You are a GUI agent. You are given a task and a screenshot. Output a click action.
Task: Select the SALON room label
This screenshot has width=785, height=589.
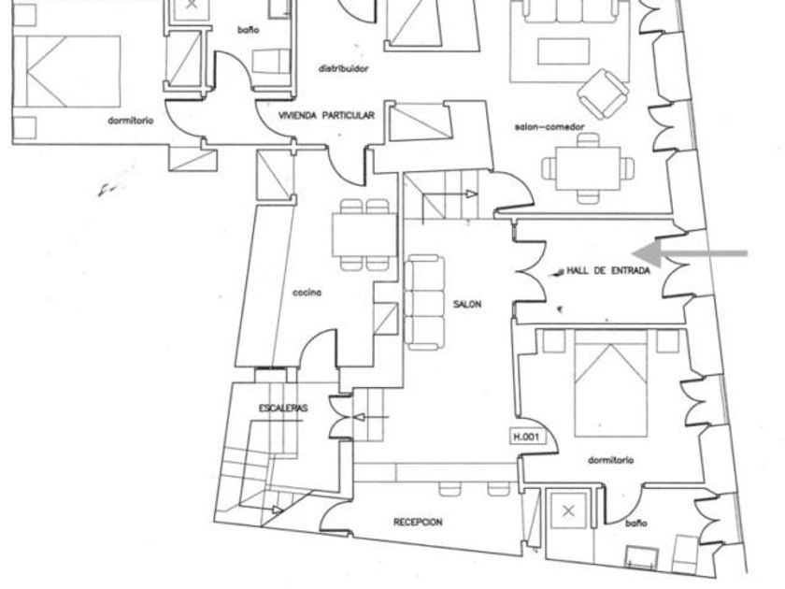tap(467, 304)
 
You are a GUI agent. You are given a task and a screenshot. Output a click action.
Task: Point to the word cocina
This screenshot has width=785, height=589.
tap(307, 294)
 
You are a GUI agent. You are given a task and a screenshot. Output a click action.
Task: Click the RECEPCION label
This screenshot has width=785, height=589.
tap(417, 522)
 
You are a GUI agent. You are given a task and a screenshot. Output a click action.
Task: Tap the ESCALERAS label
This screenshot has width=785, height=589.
tap(283, 409)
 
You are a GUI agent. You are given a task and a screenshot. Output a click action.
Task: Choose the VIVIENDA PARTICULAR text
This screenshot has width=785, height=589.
tap(326, 116)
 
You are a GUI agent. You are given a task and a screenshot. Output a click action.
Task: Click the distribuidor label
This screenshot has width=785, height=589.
tap(343, 68)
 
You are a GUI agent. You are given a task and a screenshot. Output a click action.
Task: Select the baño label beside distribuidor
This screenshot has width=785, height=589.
tap(248, 30)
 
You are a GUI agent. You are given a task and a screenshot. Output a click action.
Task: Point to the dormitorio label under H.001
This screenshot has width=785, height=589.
tap(611, 460)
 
